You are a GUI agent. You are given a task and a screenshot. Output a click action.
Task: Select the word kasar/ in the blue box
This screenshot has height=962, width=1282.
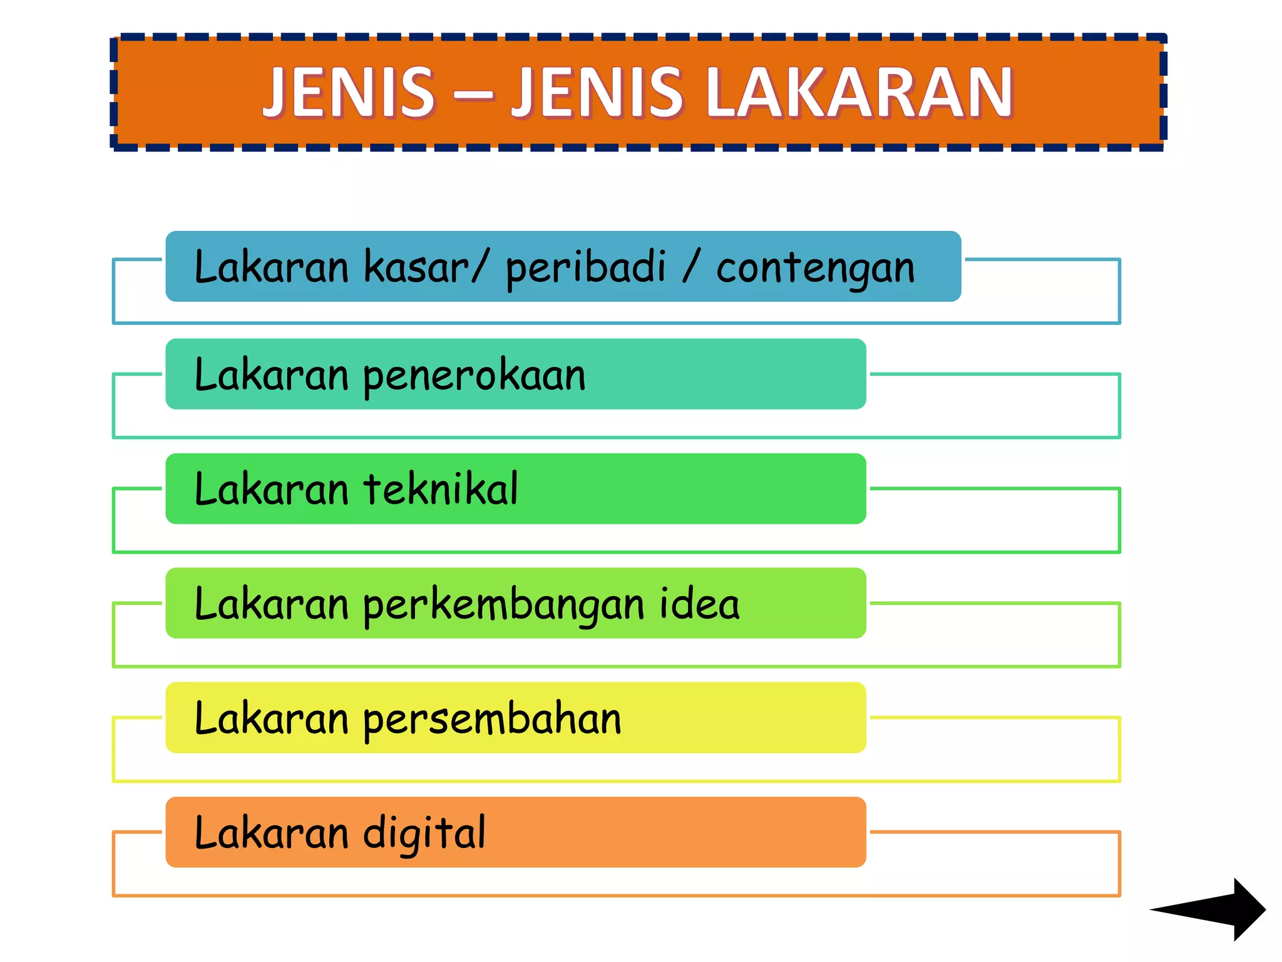click(x=424, y=267)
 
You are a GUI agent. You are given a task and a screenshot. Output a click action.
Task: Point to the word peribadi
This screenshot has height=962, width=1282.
click(x=585, y=267)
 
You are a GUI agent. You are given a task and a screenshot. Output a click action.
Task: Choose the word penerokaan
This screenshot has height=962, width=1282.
click(x=474, y=376)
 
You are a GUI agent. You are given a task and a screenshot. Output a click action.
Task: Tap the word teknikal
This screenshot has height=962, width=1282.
click(x=441, y=489)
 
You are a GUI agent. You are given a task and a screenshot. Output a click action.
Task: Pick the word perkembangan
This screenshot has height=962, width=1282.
click(x=503, y=605)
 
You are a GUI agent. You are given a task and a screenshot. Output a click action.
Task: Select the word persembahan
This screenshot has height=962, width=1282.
click(x=492, y=719)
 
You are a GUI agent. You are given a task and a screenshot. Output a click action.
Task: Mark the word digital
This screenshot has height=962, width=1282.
click(x=424, y=834)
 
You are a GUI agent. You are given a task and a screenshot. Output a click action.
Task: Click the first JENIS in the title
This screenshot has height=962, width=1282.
click(x=349, y=93)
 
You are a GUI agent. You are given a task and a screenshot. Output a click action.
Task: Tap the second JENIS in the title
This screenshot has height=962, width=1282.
click(x=597, y=93)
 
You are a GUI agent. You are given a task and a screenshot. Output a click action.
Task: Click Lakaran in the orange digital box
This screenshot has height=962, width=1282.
click(x=271, y=833)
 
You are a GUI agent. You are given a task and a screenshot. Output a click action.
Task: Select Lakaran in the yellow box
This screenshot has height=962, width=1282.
click(x=271, y=718)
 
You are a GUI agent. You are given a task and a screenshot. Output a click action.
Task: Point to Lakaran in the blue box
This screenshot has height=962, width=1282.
click(x=271, y=267)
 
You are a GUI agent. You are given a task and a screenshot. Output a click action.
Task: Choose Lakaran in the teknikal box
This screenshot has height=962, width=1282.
click(x=271, y=489)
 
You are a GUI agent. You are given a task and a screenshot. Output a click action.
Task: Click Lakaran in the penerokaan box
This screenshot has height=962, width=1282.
click(x=271, y=375)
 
